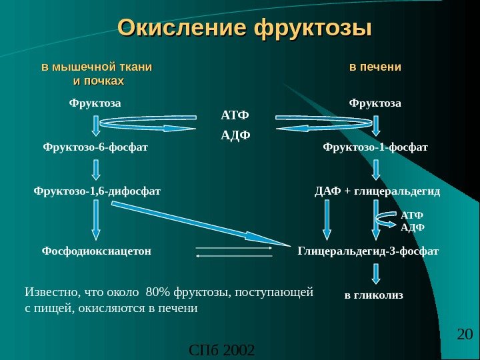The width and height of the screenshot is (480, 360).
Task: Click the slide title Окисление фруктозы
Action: (x=244, y=29)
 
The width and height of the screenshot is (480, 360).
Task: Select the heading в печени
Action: (x=376, y=67)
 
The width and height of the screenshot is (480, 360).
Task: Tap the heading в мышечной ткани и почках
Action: (x=97, y=74)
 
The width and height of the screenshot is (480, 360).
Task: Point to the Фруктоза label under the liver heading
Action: (x=376, y=103)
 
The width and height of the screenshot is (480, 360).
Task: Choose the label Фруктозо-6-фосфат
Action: (x=95, y=146)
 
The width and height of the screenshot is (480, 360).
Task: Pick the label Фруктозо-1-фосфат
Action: (x=375, y=146)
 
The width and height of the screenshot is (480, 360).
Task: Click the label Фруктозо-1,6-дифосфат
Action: (x=97, y=191)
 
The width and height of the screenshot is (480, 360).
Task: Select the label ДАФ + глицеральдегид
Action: (x=377, y=191)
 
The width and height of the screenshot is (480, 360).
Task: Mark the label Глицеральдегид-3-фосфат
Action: (x=368, y=251)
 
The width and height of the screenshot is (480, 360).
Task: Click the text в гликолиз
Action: (x=374, y=294)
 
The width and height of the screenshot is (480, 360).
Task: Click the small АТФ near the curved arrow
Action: (x=413, y=216)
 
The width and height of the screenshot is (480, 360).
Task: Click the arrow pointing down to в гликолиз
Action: (x=377, y=273)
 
